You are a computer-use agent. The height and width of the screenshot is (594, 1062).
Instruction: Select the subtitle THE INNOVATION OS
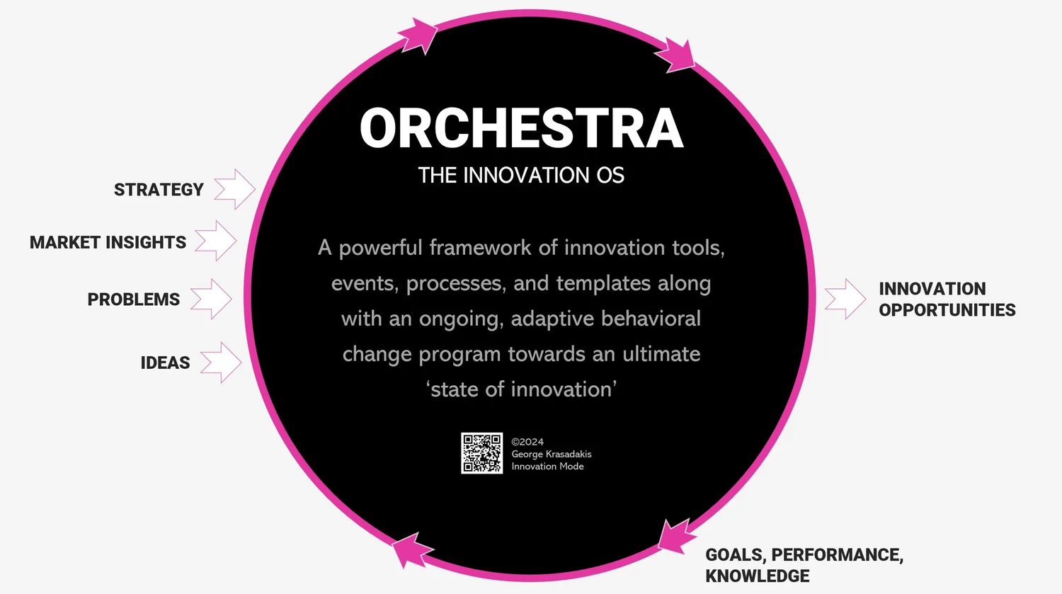point(521,176)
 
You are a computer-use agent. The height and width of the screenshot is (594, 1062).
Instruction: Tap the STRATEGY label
point(159,190)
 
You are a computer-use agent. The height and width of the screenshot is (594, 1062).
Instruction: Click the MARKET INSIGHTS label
point(108,242)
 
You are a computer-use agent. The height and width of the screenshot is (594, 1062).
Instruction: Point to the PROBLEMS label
point(133,299)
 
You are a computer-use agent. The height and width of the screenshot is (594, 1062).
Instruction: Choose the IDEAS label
point(165,362)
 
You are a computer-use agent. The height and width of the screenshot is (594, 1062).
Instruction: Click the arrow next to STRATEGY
point(235,189)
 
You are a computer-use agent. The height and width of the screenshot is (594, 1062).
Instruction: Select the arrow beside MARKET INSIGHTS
point(216,241)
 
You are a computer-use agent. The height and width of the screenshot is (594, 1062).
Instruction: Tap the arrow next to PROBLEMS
point(211,299)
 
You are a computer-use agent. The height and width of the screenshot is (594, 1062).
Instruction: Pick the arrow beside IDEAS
point(221,362)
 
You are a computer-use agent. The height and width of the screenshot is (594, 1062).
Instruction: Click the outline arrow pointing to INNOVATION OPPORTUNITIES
point(845,299)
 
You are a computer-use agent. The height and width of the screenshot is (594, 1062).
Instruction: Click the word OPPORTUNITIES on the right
point(947,310)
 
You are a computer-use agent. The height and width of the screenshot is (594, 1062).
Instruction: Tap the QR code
point(481,453)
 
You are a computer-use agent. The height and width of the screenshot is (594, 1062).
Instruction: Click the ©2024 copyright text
point(527,442)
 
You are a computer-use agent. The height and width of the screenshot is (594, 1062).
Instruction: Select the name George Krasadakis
point(551,454)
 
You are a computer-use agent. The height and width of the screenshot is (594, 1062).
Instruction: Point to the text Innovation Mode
point(547,466)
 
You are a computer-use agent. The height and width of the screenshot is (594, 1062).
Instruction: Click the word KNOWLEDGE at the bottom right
point(757,576)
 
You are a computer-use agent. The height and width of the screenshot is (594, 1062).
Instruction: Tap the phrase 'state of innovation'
point(522,389)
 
